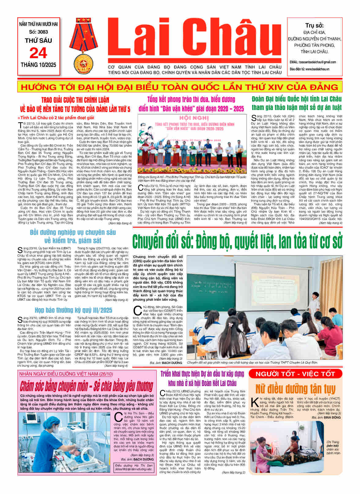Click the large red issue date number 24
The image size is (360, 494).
(x=38, y=53)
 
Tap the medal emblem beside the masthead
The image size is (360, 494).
(x=87, y=46)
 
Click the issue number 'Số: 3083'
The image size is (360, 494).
(x=39, y=32)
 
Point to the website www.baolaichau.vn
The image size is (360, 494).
(x=315, y=69)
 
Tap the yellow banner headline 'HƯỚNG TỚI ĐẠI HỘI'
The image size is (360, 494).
(x=180, y=87)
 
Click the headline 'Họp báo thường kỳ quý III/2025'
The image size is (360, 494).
(x=73, y=310)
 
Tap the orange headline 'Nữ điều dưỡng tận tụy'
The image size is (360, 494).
(x=295, y=388)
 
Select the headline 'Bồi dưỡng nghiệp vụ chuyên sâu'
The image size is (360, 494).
(x=73, y=236)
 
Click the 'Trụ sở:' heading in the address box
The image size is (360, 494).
(x=314, y=26)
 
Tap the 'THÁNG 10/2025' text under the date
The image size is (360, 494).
(x=39, y=65)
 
